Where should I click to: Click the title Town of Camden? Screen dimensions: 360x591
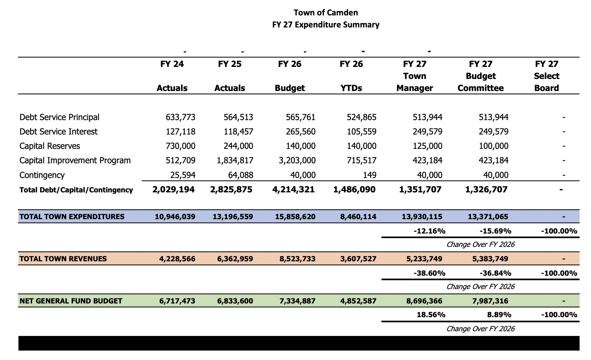[326, 13]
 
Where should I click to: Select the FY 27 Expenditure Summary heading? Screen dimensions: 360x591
[326, 25]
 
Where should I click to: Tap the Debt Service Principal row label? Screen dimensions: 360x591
[59, 117]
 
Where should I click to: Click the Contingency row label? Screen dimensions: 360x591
[42, 175]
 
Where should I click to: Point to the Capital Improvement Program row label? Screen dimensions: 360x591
[75, 161]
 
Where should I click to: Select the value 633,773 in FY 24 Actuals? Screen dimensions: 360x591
[180, 117]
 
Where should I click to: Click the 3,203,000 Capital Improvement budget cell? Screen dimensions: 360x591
[297, 161]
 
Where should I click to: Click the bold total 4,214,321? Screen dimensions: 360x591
[293, 190]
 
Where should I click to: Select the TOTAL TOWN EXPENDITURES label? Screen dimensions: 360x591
[72, 217]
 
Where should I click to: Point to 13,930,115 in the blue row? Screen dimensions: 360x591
[422, 217]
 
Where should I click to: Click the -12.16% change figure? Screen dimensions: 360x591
[429, 231]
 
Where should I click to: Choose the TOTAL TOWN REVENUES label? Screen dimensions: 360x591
[63, 259]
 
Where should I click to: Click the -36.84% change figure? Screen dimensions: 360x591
[495, 273]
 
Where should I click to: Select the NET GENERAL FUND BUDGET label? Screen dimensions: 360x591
[71, 301]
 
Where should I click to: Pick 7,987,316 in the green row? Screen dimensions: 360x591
[490, 301]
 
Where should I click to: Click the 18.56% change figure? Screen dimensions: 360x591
[431, 315]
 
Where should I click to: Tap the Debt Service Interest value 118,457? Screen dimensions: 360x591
[238, 132]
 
